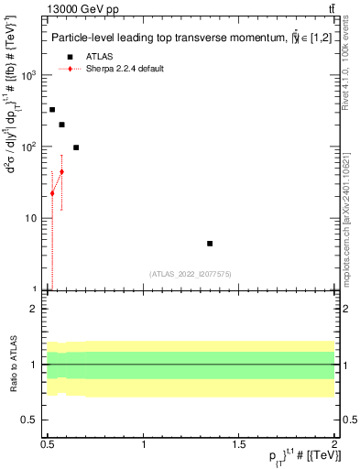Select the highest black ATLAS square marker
tap(52, 110)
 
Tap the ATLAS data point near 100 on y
tap(76, 147)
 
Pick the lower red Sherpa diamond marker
tap(52, 193)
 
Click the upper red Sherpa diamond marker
tap(61, 171)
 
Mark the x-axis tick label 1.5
tap(240, 442)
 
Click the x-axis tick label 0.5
tap(49, 442)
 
